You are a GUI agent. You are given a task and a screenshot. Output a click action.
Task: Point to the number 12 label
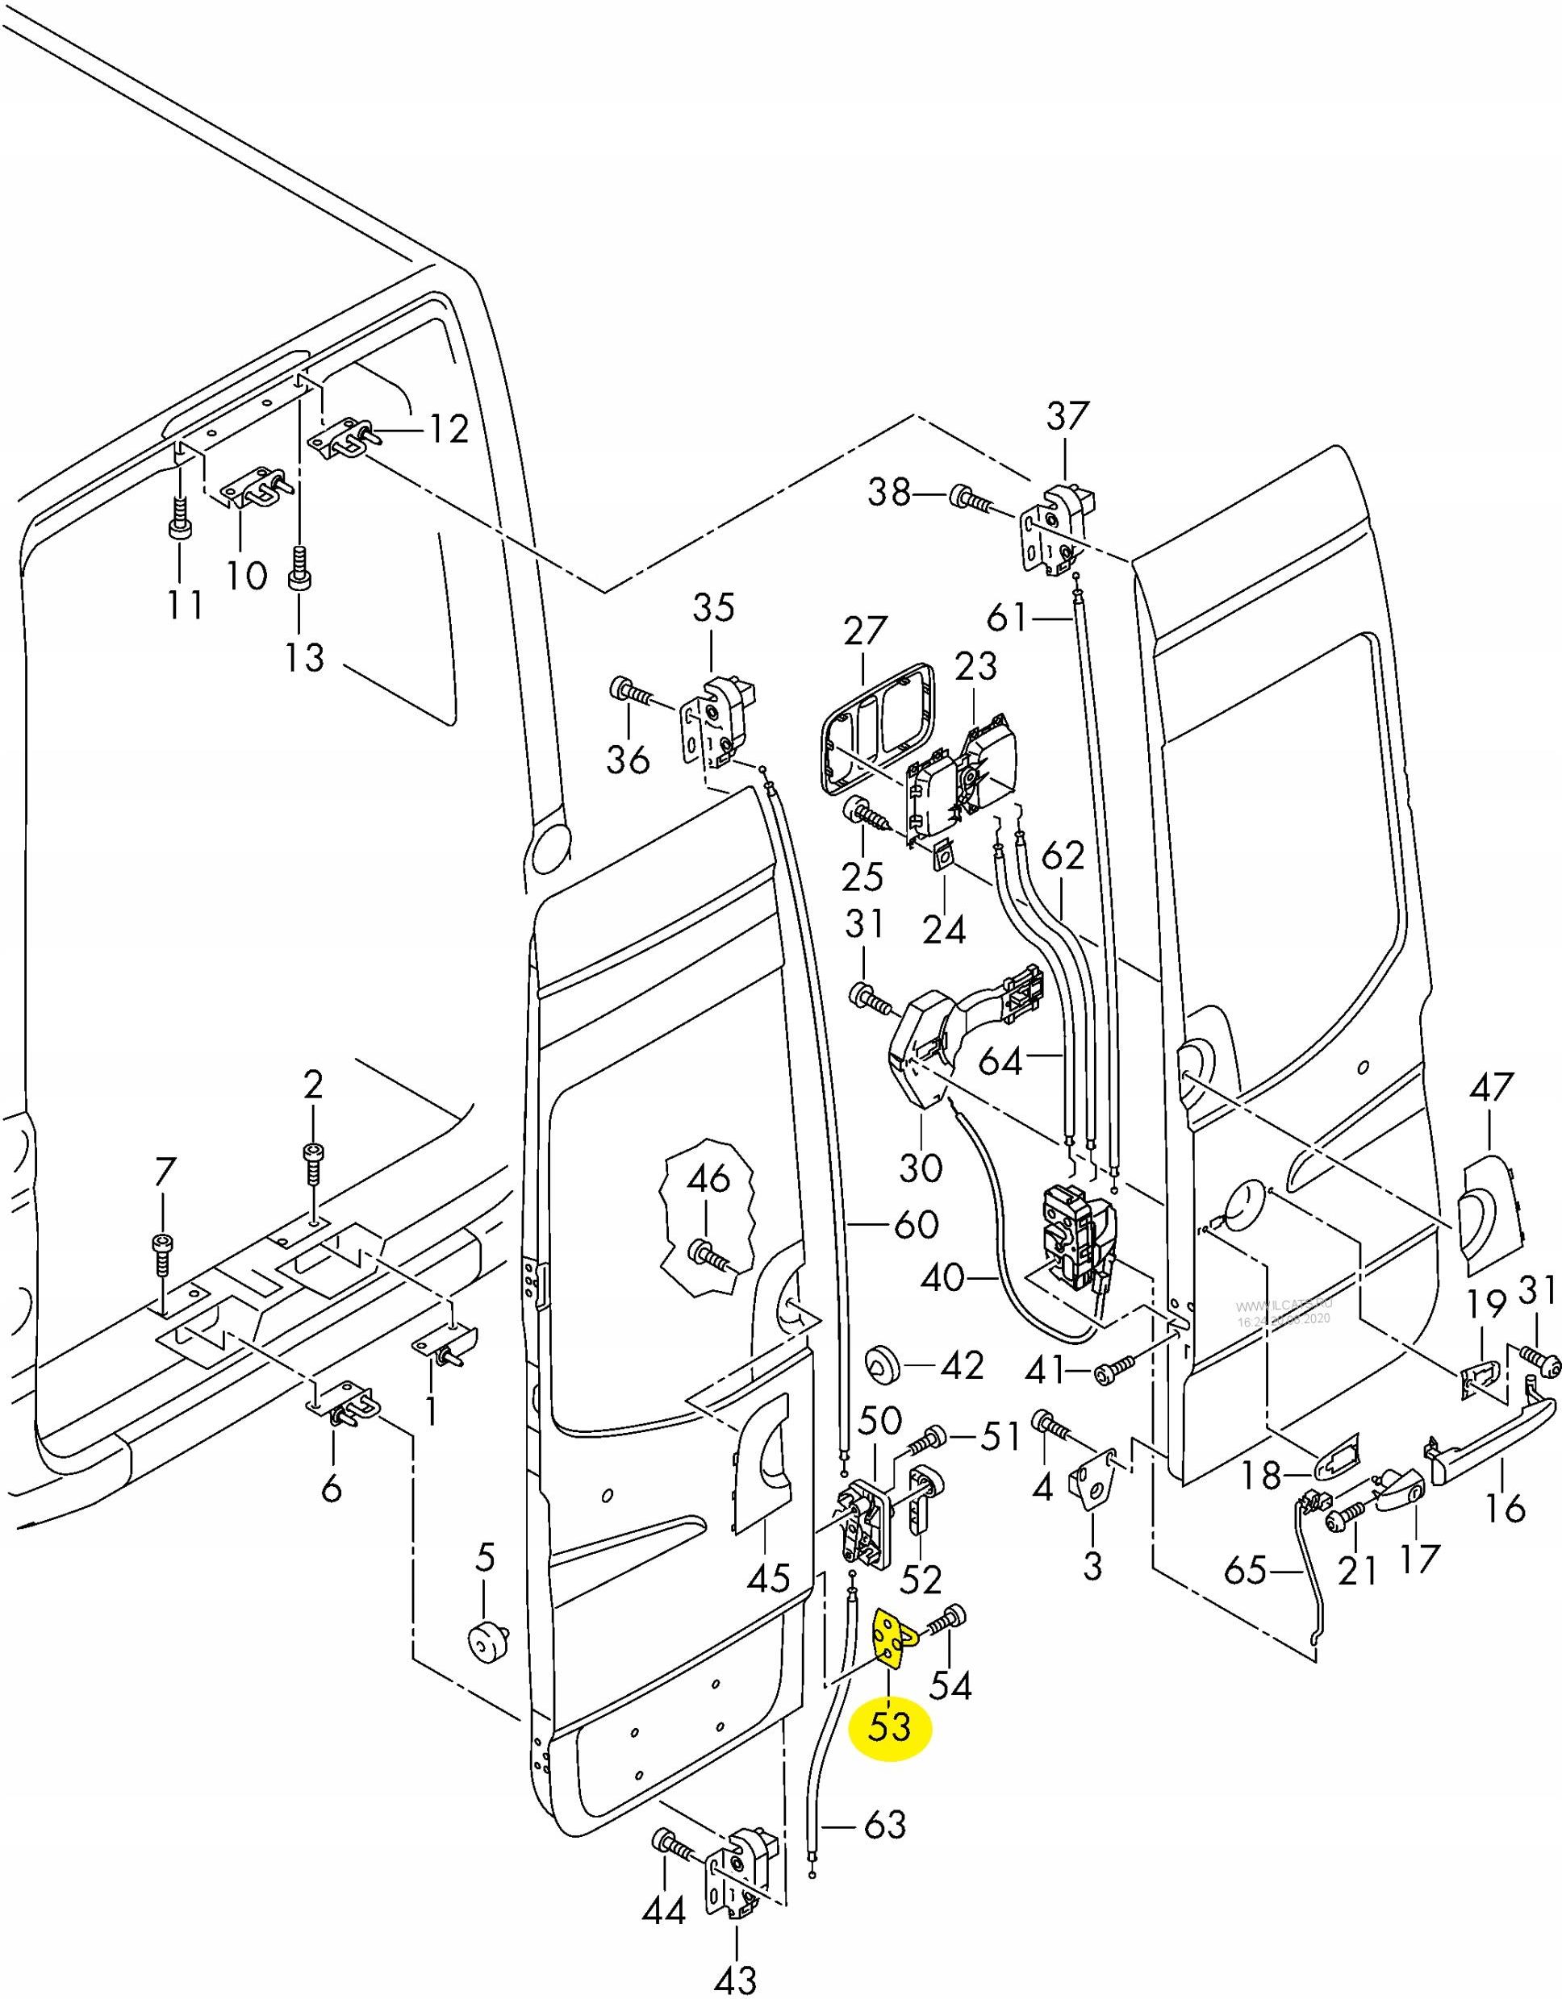click(449, 428)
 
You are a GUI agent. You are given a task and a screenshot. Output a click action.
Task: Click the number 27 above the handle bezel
click(865, 631)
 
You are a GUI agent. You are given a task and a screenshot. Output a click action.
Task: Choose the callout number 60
click(917, 1224)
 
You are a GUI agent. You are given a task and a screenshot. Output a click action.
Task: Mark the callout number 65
click(1244, 1571)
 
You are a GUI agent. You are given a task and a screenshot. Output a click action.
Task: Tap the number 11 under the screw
click(185, 605)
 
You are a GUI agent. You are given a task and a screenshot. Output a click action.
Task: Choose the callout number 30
click(920, 1167)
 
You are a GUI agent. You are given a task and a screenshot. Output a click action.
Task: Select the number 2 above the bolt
click(313, 1086)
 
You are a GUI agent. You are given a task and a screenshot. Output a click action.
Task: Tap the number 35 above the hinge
click(713, 608)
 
